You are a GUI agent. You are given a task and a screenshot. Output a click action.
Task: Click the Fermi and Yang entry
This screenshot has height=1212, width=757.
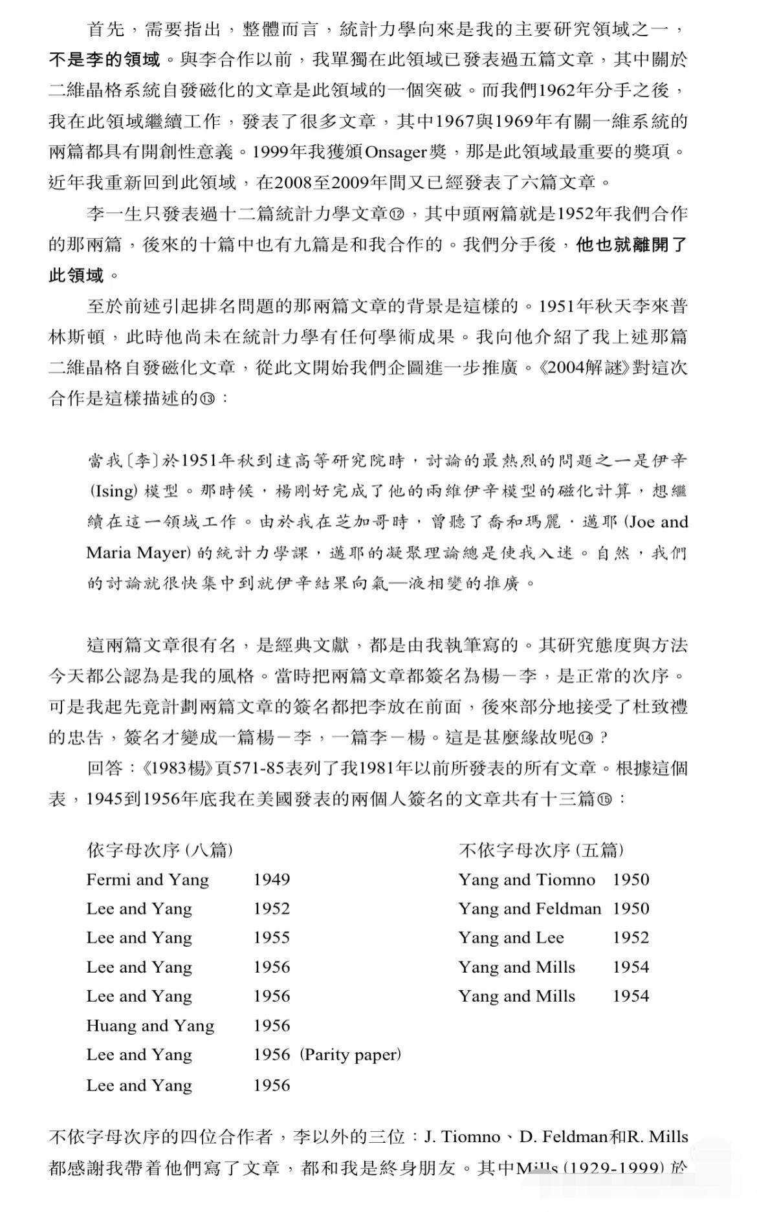[148, 880]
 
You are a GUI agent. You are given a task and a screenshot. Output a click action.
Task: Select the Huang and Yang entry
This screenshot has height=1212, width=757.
[150, 1026]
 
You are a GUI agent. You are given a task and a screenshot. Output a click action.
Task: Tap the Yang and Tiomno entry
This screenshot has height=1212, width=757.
[527, 880]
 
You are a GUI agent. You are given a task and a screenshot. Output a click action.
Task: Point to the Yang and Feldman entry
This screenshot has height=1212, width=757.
[530, 909]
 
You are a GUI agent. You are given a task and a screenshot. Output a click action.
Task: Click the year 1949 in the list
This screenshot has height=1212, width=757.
[272, 880]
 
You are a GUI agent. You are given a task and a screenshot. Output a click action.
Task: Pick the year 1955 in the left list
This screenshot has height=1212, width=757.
[272, 938]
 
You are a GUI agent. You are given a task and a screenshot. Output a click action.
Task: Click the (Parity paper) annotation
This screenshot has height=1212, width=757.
[350, 1055]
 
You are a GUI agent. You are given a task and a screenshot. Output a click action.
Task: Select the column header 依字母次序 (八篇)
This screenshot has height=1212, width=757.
[160, 850]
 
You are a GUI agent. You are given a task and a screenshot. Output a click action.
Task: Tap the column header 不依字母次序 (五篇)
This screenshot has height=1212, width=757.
[542, 850]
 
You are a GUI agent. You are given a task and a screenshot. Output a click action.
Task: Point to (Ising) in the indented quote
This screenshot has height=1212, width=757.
[113, 492]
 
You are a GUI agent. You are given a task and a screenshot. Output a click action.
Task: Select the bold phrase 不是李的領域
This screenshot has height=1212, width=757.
[104, 60]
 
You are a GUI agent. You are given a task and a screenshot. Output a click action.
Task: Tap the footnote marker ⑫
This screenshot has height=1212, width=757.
[396, 214]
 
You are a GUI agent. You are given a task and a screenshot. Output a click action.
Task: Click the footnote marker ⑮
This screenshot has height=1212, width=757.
[604, 800]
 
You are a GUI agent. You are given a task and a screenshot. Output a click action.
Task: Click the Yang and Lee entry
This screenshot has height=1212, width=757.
[511, 938]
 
